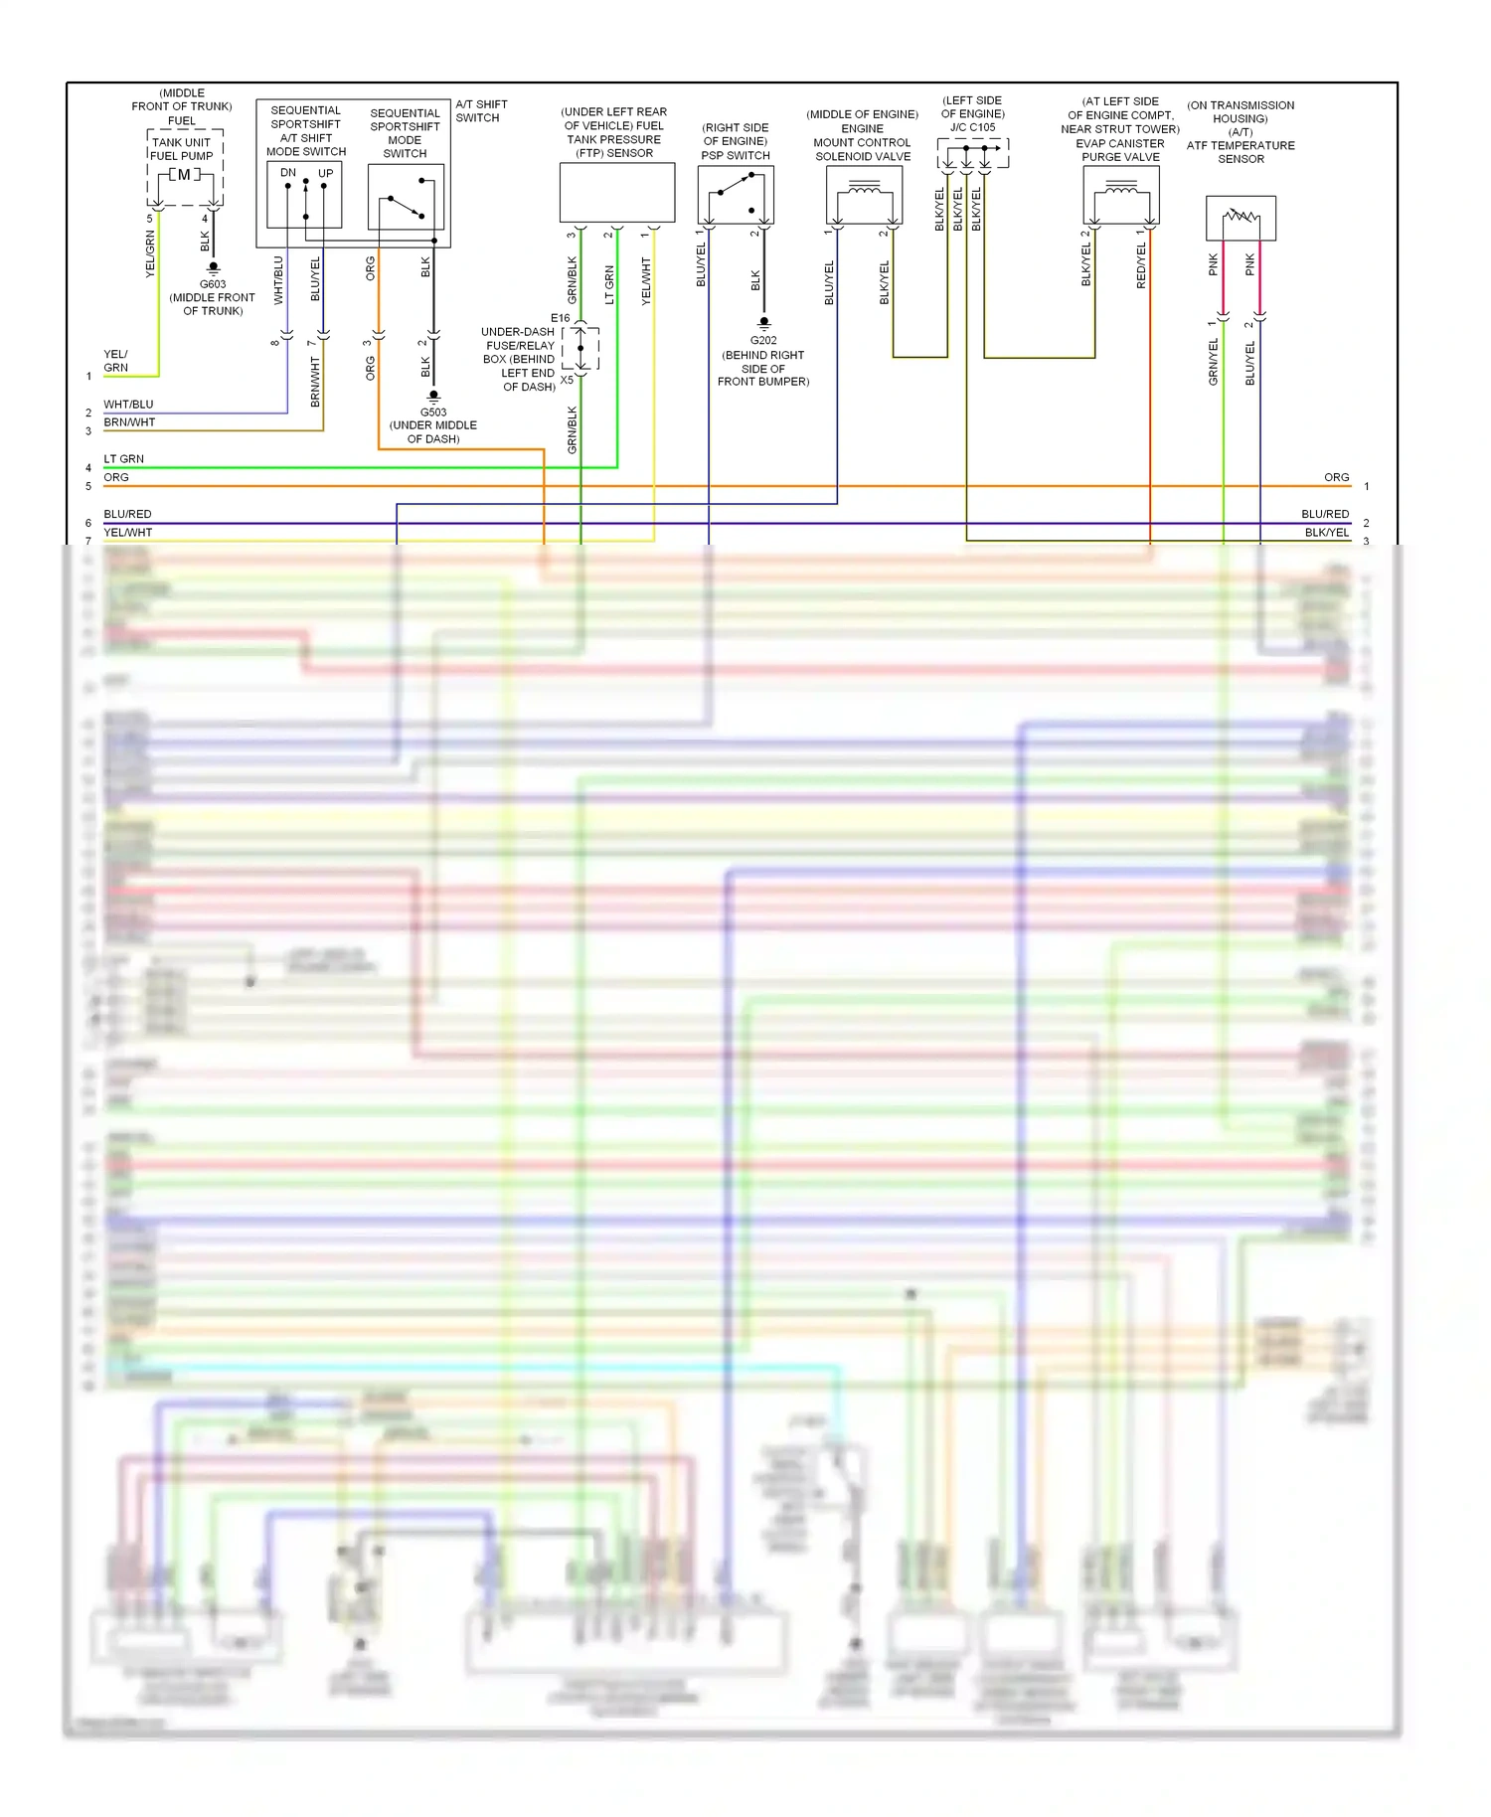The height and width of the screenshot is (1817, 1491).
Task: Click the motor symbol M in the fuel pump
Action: (184, 175)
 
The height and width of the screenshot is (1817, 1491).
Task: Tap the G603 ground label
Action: (213, 284)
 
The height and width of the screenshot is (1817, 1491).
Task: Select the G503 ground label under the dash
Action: (433, 412)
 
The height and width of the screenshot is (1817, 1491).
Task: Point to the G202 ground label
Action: (763, 340)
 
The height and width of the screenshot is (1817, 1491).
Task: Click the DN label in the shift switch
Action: (288, 173)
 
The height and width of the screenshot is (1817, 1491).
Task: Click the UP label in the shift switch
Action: (325, 173)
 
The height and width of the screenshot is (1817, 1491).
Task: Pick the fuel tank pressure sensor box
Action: (617, 193)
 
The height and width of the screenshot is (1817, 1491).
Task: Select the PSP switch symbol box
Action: (736, 195)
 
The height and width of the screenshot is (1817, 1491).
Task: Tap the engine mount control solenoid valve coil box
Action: (864, 195)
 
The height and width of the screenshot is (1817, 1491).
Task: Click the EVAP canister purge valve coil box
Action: (1120, 195)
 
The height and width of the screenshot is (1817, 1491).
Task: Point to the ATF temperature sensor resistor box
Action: (1241, 218)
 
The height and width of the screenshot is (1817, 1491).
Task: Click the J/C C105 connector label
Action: (972, 127)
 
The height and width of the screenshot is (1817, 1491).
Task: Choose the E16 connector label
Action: (561, 318)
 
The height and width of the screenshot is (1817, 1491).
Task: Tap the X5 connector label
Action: (567, 380)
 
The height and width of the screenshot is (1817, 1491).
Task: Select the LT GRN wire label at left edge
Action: (124, 459)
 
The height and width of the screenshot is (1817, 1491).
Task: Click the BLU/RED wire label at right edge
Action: (1325, 514)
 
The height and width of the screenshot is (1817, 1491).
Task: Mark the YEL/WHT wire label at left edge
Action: (128, 533)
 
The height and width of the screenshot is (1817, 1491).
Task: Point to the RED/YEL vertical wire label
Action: (1141, 265)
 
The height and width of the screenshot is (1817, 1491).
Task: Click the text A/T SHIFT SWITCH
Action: (481, 110)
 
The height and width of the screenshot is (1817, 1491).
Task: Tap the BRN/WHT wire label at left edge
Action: (129, 422)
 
